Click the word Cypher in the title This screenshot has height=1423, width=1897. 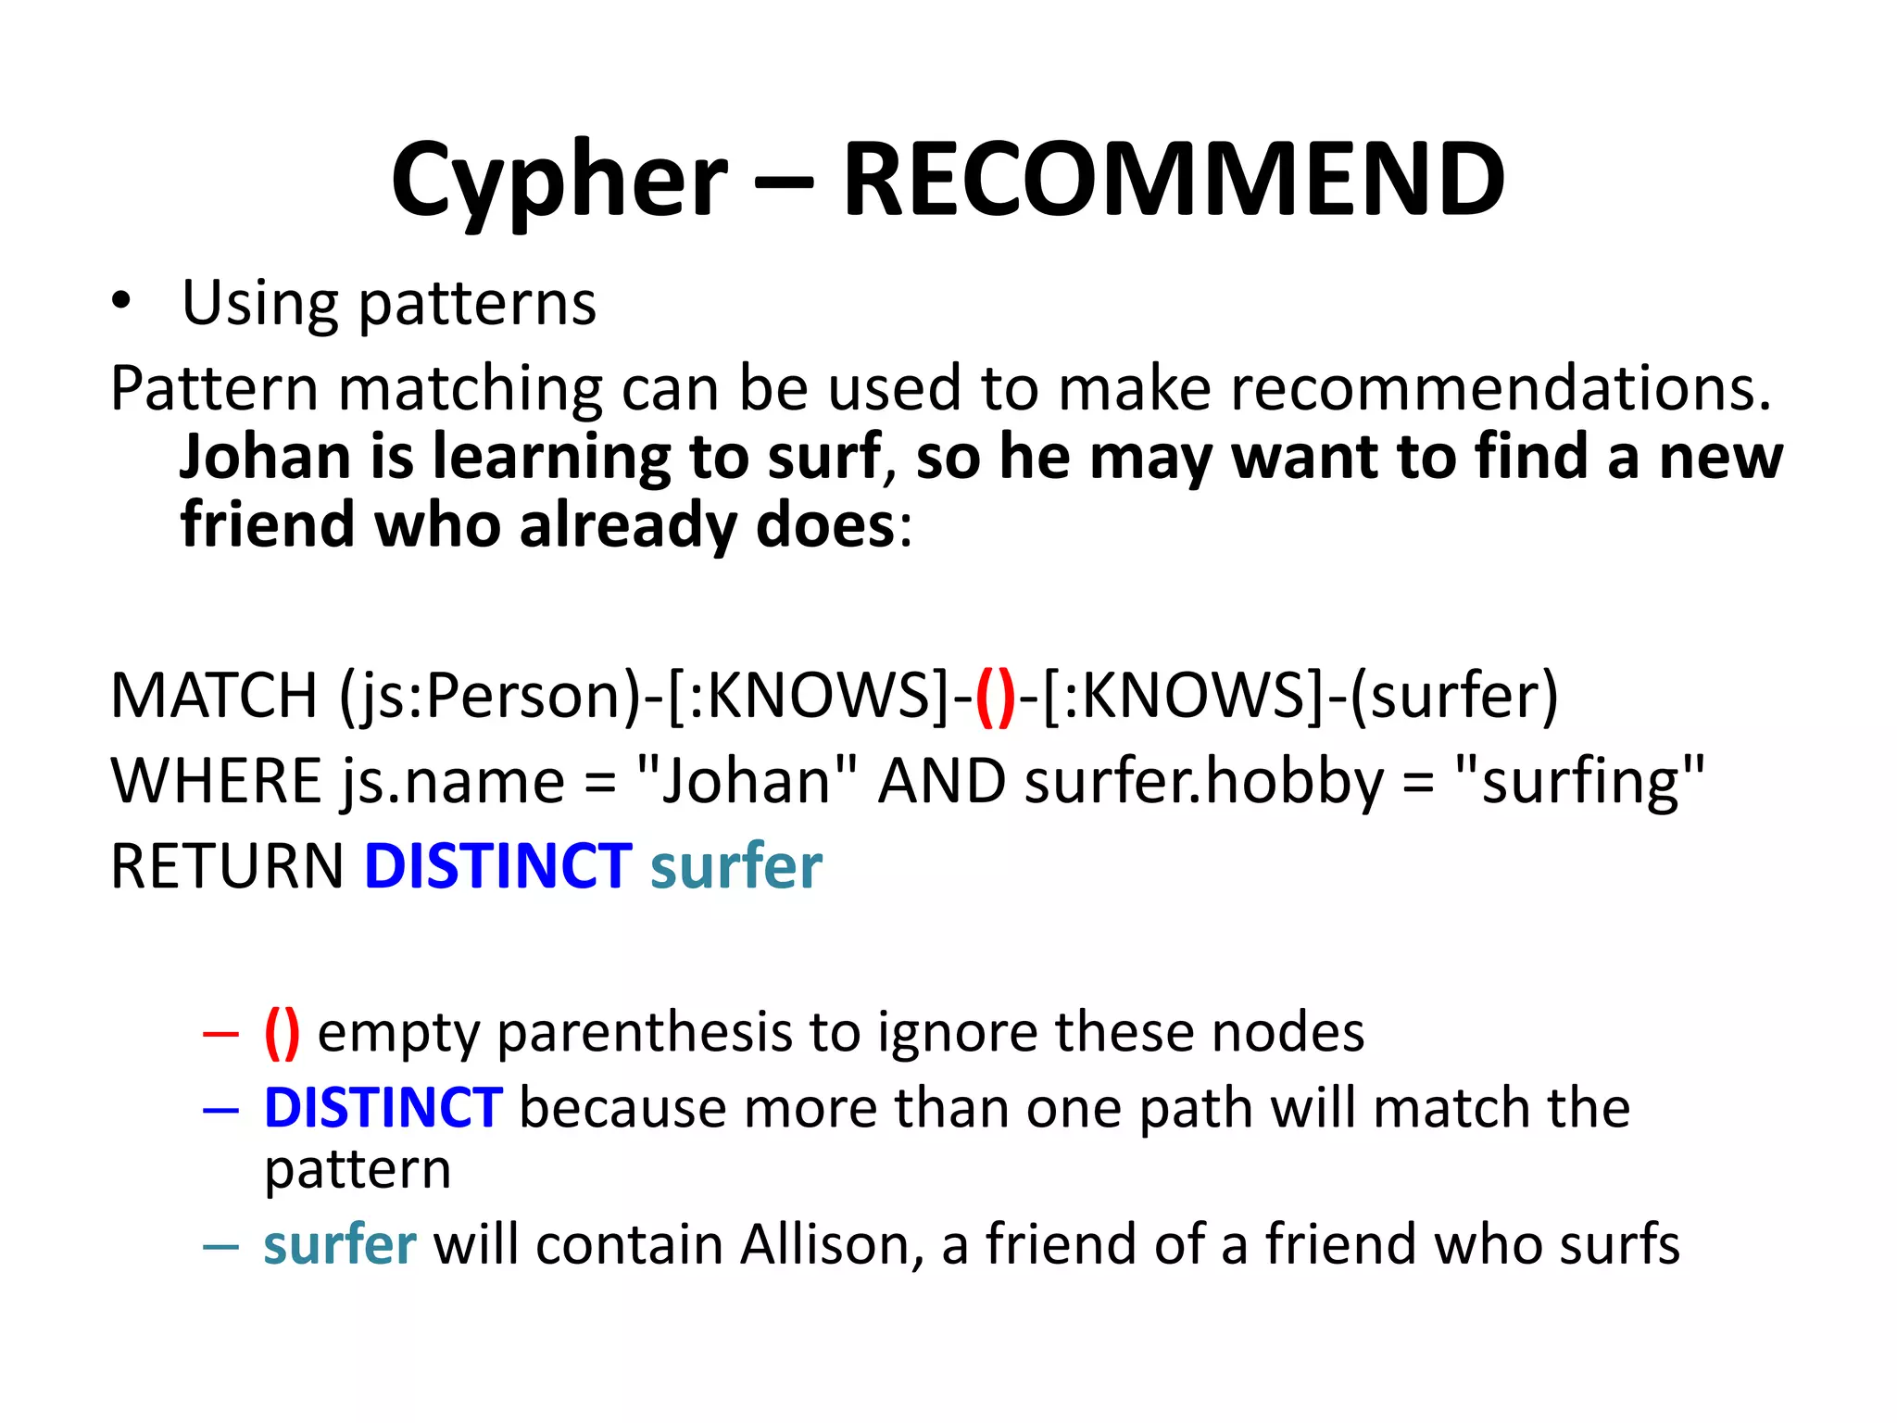559,180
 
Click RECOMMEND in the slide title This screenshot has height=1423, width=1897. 1173,180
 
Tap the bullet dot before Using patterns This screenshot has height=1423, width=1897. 120,301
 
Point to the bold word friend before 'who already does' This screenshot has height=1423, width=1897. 268,524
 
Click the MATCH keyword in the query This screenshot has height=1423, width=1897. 214,695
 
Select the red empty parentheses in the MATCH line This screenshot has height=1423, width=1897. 996,697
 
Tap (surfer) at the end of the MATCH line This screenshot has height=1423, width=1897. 1454,695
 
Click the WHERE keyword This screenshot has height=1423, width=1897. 216,780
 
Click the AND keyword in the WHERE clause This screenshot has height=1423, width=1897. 941,780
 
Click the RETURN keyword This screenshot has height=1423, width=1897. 227,866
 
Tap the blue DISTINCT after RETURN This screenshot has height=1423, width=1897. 498,866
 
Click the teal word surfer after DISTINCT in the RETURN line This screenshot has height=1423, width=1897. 736,866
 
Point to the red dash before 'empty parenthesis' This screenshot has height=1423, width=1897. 220,1033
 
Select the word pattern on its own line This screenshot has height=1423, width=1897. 358,1170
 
